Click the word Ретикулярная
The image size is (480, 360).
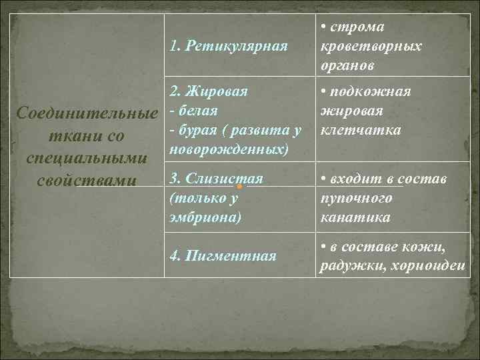[x=238, y=46]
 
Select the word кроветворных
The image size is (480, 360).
[x=371, y=47]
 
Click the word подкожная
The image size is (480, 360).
[x=370, y=91]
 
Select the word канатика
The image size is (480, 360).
[x=355, y=217]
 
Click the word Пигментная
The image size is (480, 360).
[x=231, y=256]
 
